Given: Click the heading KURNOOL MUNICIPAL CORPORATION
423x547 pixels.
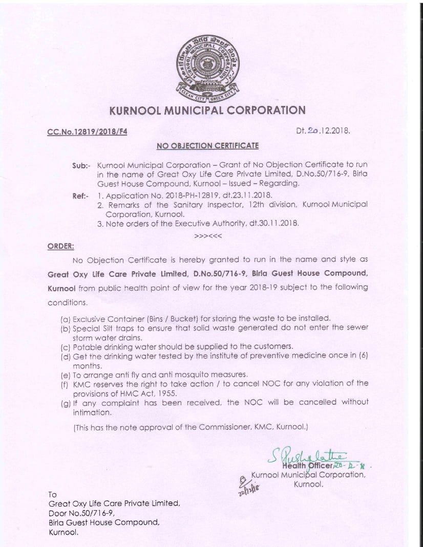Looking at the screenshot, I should click(207, 110).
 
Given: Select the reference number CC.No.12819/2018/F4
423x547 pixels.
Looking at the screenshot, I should click(87, 132).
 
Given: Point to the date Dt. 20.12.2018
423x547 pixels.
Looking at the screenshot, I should click(323, 130).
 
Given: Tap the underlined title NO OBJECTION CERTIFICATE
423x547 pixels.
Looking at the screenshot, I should click(207, 145).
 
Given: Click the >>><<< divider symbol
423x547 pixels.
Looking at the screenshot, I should click(207, 235).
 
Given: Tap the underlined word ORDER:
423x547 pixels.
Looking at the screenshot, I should click(61, 246).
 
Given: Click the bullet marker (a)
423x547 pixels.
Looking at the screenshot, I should click(66, 318).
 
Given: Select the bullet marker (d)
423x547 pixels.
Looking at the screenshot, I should click(66, 355).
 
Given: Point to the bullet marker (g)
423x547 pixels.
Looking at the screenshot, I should click(66, 402).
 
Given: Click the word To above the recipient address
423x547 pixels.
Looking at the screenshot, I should click(52, 494).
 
